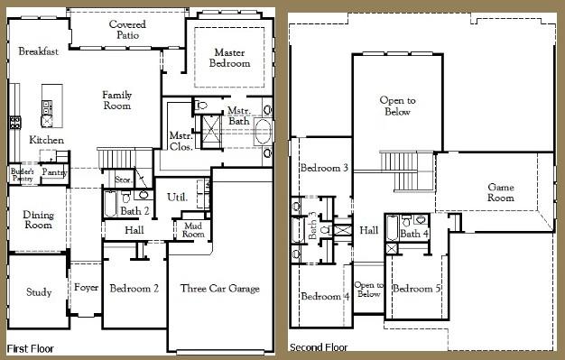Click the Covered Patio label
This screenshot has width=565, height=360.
point(127,29)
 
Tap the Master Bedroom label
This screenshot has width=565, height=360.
point(229,58)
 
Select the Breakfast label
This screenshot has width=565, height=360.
point(38,51)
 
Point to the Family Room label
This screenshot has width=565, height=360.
point(116,100)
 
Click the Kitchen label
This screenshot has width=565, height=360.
point(46,140)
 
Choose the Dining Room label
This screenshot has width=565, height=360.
point(37,219)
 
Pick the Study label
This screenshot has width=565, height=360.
point(38,292)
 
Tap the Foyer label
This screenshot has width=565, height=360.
point(86,289)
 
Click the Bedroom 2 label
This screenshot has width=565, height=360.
point(134,289)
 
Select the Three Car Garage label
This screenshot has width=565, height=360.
point(219,289)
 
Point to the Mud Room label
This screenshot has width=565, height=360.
point(192,229)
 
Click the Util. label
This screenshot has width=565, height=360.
point(177,197)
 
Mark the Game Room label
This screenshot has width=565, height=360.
point(500,191)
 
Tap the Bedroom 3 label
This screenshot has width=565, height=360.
point(325,168)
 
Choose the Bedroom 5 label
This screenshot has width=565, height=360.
point(417,289)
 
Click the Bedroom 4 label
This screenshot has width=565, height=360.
point(324,296)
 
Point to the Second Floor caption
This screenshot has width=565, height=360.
point(319,346)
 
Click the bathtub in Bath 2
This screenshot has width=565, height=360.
point(110,206)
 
